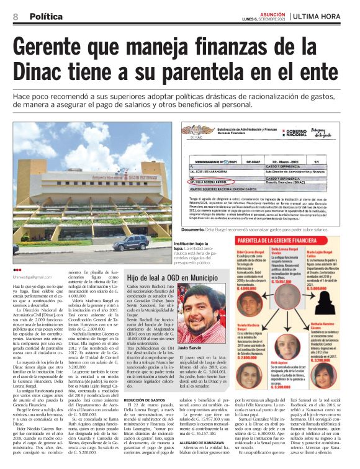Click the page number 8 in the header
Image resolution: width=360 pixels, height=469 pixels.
15,16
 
